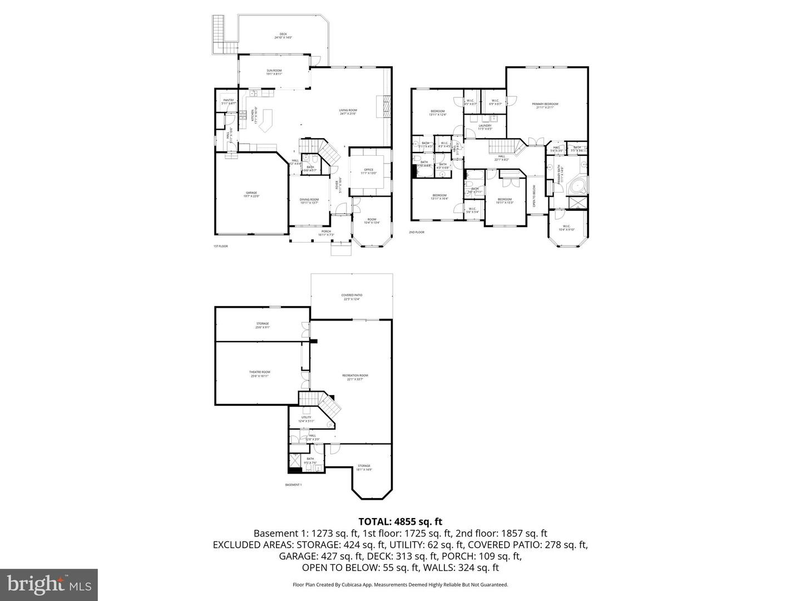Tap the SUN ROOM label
tap(274, 72)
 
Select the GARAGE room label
tap(251, 194)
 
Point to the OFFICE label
tap(368, 171)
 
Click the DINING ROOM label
tap(309, 201)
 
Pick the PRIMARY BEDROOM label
tap(545, 105)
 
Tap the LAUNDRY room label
tap(484, 127)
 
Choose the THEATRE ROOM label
tap(260, 373)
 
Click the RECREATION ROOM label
tap(355, 377)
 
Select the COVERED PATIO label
tap(352, 297)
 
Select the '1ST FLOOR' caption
tap(221, 246)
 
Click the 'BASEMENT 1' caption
tap(293, 485)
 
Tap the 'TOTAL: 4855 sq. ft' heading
tap(400, 521)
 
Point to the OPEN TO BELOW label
tap(535, 196)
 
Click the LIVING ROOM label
tap(348, 111)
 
